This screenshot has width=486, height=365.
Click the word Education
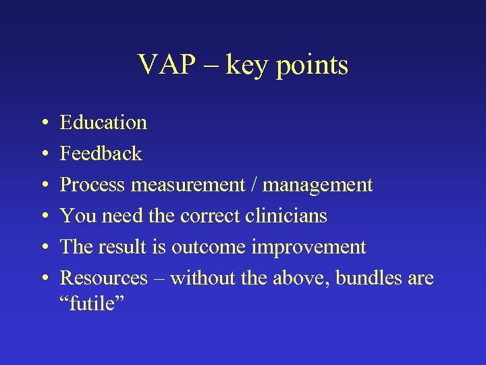[x=103, y=122]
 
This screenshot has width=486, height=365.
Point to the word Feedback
[x=101, y=153]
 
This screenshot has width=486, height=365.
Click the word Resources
[x=103, y=278]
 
